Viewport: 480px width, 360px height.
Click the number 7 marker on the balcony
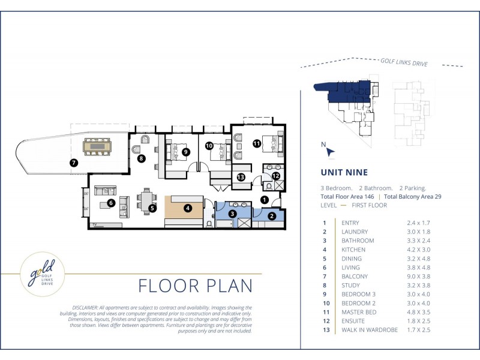tap(74, 163)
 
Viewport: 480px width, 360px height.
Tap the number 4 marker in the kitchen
tap(188, 208)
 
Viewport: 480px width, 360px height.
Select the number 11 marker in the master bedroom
tap(257, 143)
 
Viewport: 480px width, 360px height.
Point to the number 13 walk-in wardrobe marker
tap(241, 177)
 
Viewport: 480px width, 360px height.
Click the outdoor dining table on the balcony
tap(97, 146)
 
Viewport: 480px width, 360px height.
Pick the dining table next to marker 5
tap(146, 201)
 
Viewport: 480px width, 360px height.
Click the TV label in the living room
tap(95, 224)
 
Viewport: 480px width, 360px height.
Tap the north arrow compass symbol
tap(330, 152)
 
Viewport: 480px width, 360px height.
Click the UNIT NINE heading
tap(344, 172)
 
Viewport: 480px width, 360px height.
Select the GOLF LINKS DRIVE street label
tap(404, 62)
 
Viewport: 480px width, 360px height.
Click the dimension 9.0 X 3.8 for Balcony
tap(418, 277)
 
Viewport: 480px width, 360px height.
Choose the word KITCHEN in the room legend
tap(353, 250)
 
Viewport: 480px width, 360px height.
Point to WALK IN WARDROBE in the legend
tap(370, 330)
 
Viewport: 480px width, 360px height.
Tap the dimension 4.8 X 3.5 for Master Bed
tap(418, 312)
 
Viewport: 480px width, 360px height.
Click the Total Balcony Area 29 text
tap(412, 197)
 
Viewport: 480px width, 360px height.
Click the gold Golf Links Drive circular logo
tap(43, 274)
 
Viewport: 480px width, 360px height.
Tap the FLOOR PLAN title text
tap(196, 286)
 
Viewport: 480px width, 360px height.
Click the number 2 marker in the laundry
tap(272, 216)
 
